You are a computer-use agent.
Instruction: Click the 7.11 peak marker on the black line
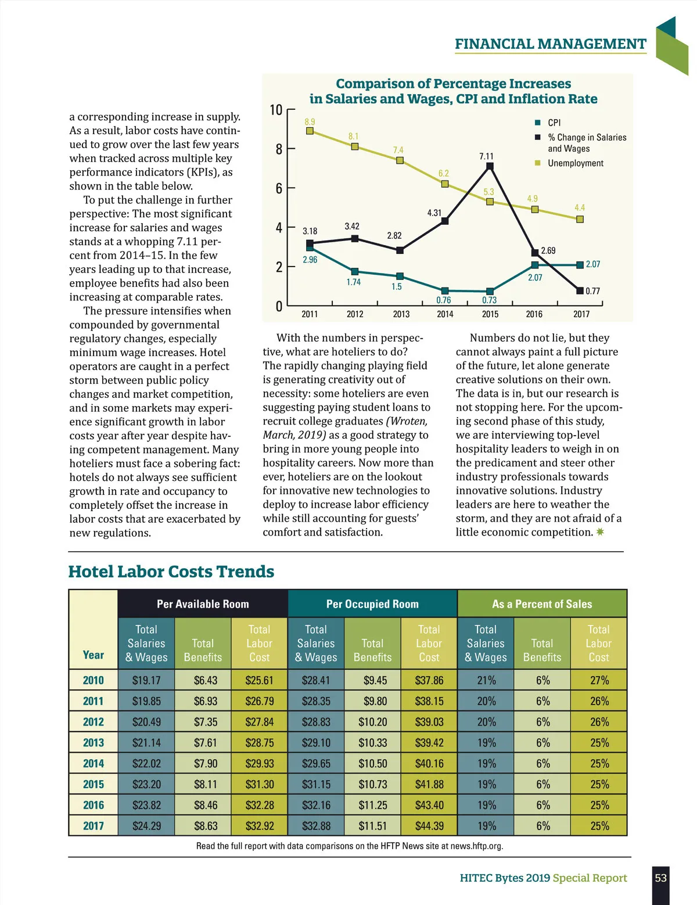(490, 167)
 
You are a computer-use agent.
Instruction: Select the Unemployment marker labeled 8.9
(310, 131)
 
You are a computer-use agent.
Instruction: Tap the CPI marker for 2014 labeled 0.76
(445, 291)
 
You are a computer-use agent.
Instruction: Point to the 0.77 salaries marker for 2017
(580, 290)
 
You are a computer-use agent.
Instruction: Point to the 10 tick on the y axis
(276, 110)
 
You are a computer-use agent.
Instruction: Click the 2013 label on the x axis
(401, 314)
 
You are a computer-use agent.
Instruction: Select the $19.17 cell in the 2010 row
(146, 680)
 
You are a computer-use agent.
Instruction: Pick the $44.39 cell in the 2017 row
(429, 826)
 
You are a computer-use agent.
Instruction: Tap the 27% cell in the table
(599, 680)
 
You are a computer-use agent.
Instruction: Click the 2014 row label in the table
(93, 763)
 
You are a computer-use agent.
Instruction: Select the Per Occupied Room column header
(372, 604)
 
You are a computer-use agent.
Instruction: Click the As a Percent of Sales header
(542, 604)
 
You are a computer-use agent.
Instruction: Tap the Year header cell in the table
(93, 655)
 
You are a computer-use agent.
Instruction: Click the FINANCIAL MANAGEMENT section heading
(550, 44)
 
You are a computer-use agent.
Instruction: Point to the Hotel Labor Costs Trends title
(171, 572)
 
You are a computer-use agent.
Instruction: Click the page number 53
(661, 878)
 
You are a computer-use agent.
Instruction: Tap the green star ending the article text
(600, 532)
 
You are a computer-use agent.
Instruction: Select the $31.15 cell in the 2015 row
(316, 784)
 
